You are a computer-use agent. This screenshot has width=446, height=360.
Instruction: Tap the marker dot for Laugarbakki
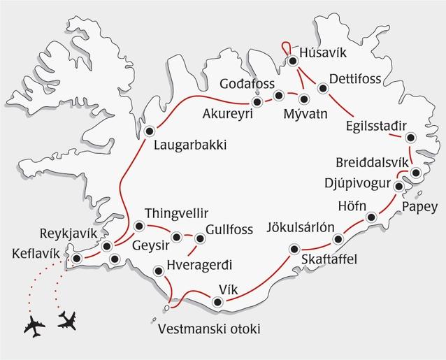pyautogui.click(x=149, y=131)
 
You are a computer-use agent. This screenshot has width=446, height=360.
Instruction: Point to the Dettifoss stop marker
pyautogui.click(x=322, y=88)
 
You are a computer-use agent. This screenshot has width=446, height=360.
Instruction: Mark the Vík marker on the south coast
pyautogui.click(x=217, y=303)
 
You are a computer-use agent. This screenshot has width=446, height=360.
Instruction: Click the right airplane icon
pyautogui.click(x=68, y=320)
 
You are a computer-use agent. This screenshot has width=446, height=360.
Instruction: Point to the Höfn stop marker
pyautogui.click(x=371, y=217)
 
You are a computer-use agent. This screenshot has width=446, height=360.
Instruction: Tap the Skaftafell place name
pyautogui.click(x=329, y=259)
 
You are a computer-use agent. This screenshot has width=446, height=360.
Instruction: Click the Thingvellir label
pyautogui.click(x=176, y=213)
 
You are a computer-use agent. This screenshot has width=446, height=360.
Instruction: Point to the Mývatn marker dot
pyautogui.click(x=303, y=97)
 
